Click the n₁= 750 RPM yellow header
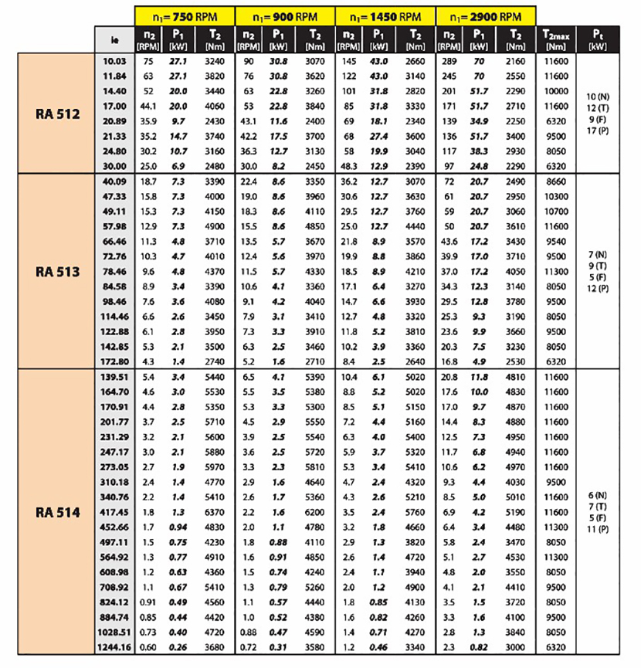(x=185, y=16)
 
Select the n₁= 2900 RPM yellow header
(x=485, y=16)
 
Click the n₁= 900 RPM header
(x=285, y=16)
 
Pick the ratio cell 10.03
(x=114, y=60)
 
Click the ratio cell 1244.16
(x=114, y=646)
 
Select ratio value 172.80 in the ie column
(x=114, y=360)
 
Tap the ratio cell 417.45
(x=114, y=511)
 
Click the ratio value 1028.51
(x=114, y=632)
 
